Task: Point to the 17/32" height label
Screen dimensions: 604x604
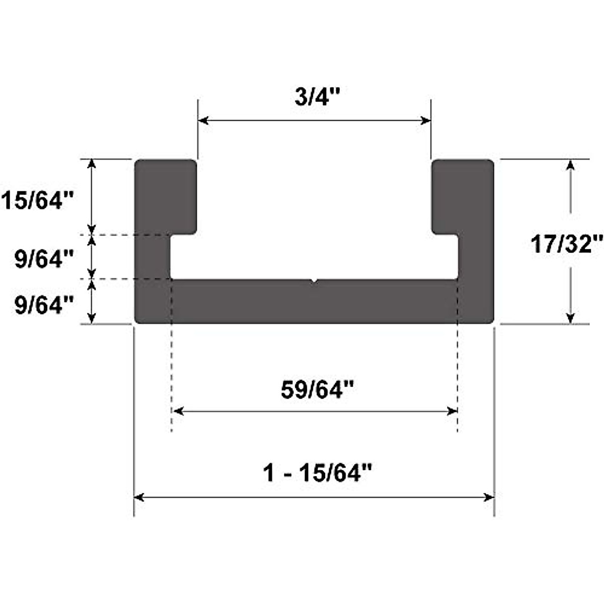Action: coord(566,245)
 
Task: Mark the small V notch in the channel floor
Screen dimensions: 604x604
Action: coord(314,281)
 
